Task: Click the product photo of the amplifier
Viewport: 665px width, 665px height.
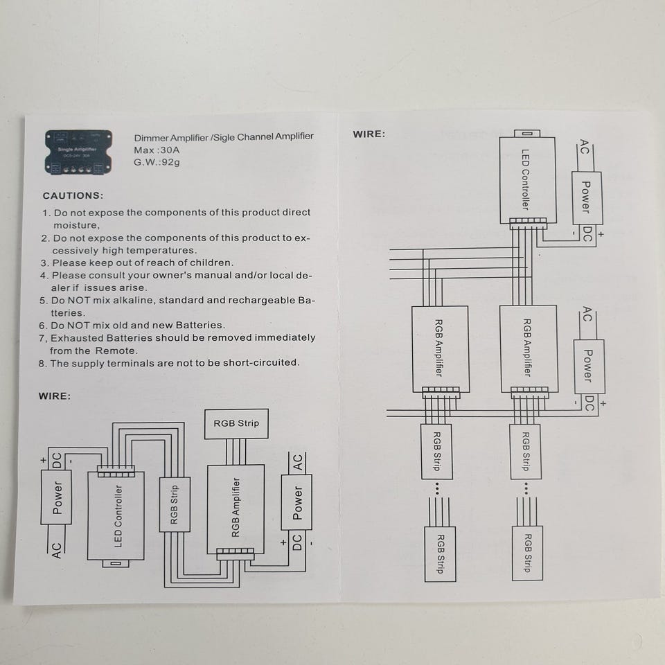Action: click(x=79, y=152)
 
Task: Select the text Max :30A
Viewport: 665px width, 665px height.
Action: click(x=156, y=150)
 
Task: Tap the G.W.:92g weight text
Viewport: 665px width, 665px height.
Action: click(x=158, y=162)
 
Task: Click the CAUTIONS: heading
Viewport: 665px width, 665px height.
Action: click(x=73, y=196)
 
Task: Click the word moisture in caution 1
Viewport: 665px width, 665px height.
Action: click(x=76, y=225)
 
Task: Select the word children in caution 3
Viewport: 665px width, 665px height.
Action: click(x=211, y=263)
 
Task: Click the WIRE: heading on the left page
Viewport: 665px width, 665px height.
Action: click(x=54, y=396)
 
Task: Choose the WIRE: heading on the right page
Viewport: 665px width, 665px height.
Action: click(x=369, y=134)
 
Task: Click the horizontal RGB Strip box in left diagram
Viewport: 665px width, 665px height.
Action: click(x=236, y=423)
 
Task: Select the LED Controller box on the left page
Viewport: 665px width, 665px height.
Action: click(x=116, y=516)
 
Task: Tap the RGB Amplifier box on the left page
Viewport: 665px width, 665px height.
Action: click(x=236, y=509)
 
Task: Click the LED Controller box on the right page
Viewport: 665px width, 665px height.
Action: click(x=526, y=179)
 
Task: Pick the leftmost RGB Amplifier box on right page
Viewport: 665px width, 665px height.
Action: click(x=440, y=349)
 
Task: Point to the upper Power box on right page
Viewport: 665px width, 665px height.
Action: click(x=586, y=197)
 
